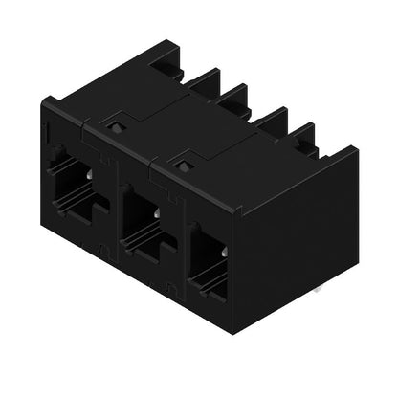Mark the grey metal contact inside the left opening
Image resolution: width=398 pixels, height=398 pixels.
pyautogui.click(x=88, y=176)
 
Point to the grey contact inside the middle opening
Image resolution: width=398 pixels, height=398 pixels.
pyautogui.click(x=156, y=214)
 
